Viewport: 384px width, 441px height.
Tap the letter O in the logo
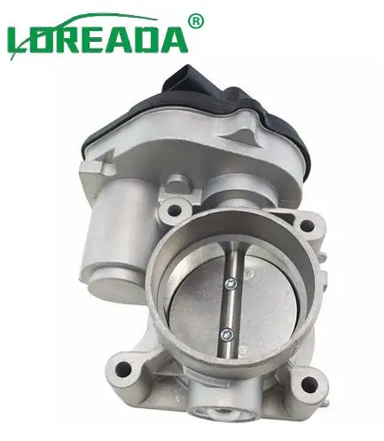click(x=43, y=39)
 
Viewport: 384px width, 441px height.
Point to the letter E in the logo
click(x=99, y=39)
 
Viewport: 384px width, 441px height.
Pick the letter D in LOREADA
click(x=149, y=39)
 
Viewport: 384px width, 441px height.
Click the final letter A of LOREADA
click(x=176, y=39)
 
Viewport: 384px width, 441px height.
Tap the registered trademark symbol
click(x=197, y=20)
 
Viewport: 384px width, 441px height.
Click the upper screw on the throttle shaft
click(x=230, y=285)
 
